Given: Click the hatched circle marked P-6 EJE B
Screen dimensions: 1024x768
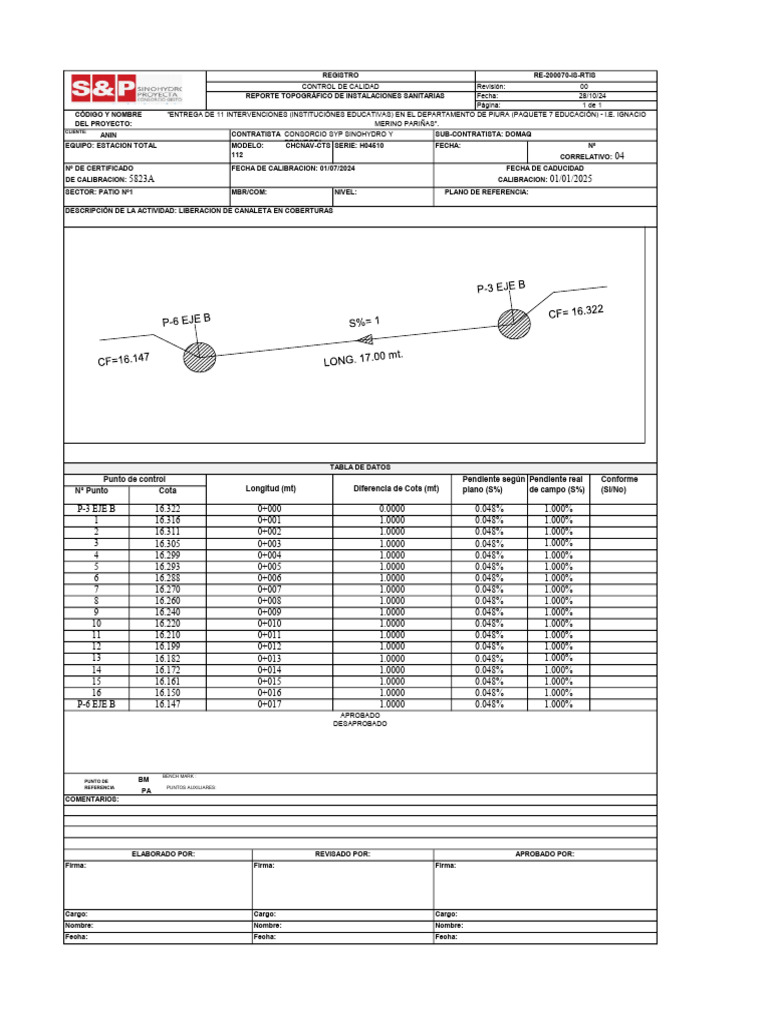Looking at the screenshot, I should [200, 355].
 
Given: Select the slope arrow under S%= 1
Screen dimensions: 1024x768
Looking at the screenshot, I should [365, 340].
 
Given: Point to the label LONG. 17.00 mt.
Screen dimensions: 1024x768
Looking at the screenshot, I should [363, 358].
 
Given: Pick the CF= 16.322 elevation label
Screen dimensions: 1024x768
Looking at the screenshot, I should [576, 312].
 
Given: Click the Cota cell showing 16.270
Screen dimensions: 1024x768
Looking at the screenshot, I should [168, 589].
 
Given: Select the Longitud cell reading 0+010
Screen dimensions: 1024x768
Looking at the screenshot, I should [269, 623].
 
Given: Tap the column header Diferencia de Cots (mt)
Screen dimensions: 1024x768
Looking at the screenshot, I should [396, 489].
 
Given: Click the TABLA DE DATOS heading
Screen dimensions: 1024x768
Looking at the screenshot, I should [360, 467].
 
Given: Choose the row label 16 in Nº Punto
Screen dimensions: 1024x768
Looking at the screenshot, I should [97, 692].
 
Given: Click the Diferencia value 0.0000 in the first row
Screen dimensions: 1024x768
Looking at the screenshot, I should [392, 509].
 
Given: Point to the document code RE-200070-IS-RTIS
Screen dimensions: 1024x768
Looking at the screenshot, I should [565, 76].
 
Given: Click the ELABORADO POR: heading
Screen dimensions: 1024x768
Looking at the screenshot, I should [158, 854].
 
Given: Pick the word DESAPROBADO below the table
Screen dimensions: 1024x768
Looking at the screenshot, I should [360, 724].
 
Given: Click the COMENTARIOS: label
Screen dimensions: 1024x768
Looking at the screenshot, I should [92, 800].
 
